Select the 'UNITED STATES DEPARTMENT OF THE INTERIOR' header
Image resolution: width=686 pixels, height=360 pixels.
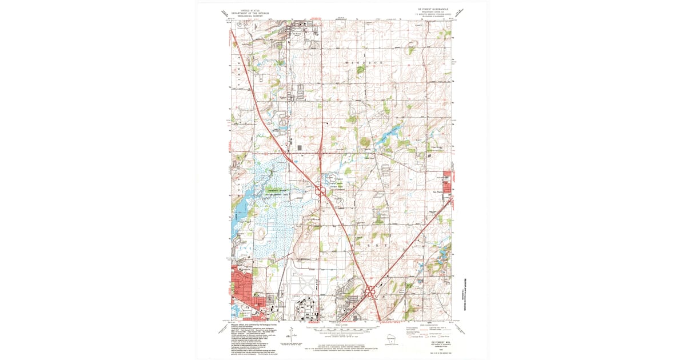(x=249, y=13)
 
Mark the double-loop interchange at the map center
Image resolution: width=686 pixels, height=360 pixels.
(x=320, y=192)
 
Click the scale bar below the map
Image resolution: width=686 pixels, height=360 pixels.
(x=343, y=329)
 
